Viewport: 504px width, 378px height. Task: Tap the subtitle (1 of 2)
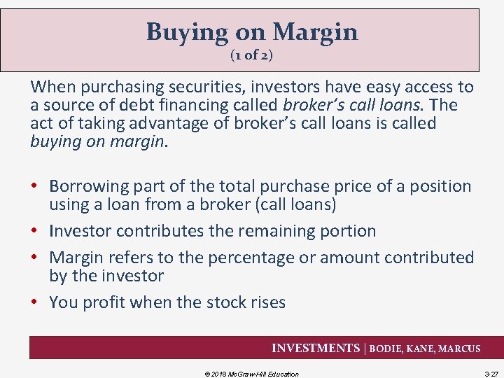(251, 55)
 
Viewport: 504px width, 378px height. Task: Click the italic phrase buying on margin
(98, 141)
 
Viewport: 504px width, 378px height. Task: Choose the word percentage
(244, 258)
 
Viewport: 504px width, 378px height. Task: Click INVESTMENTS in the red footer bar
(316, 349)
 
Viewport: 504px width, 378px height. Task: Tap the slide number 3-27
(490, 374)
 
